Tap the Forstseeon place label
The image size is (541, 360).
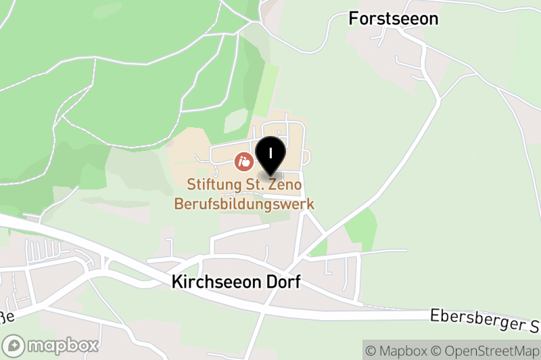click(394, 19)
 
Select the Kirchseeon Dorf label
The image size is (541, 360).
click(236, 282)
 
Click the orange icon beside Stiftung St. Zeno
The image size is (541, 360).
click(243, 162)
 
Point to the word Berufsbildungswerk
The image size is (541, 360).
click(244, 203)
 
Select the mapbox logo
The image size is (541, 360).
click(50, 345)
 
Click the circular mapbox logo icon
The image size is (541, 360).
click(14, 346)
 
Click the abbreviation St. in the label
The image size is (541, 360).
click(251, 184)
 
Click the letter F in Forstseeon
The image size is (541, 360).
click(354, 19)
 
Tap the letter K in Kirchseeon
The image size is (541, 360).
click(177, 282)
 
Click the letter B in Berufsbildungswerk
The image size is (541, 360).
click(179, 203)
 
